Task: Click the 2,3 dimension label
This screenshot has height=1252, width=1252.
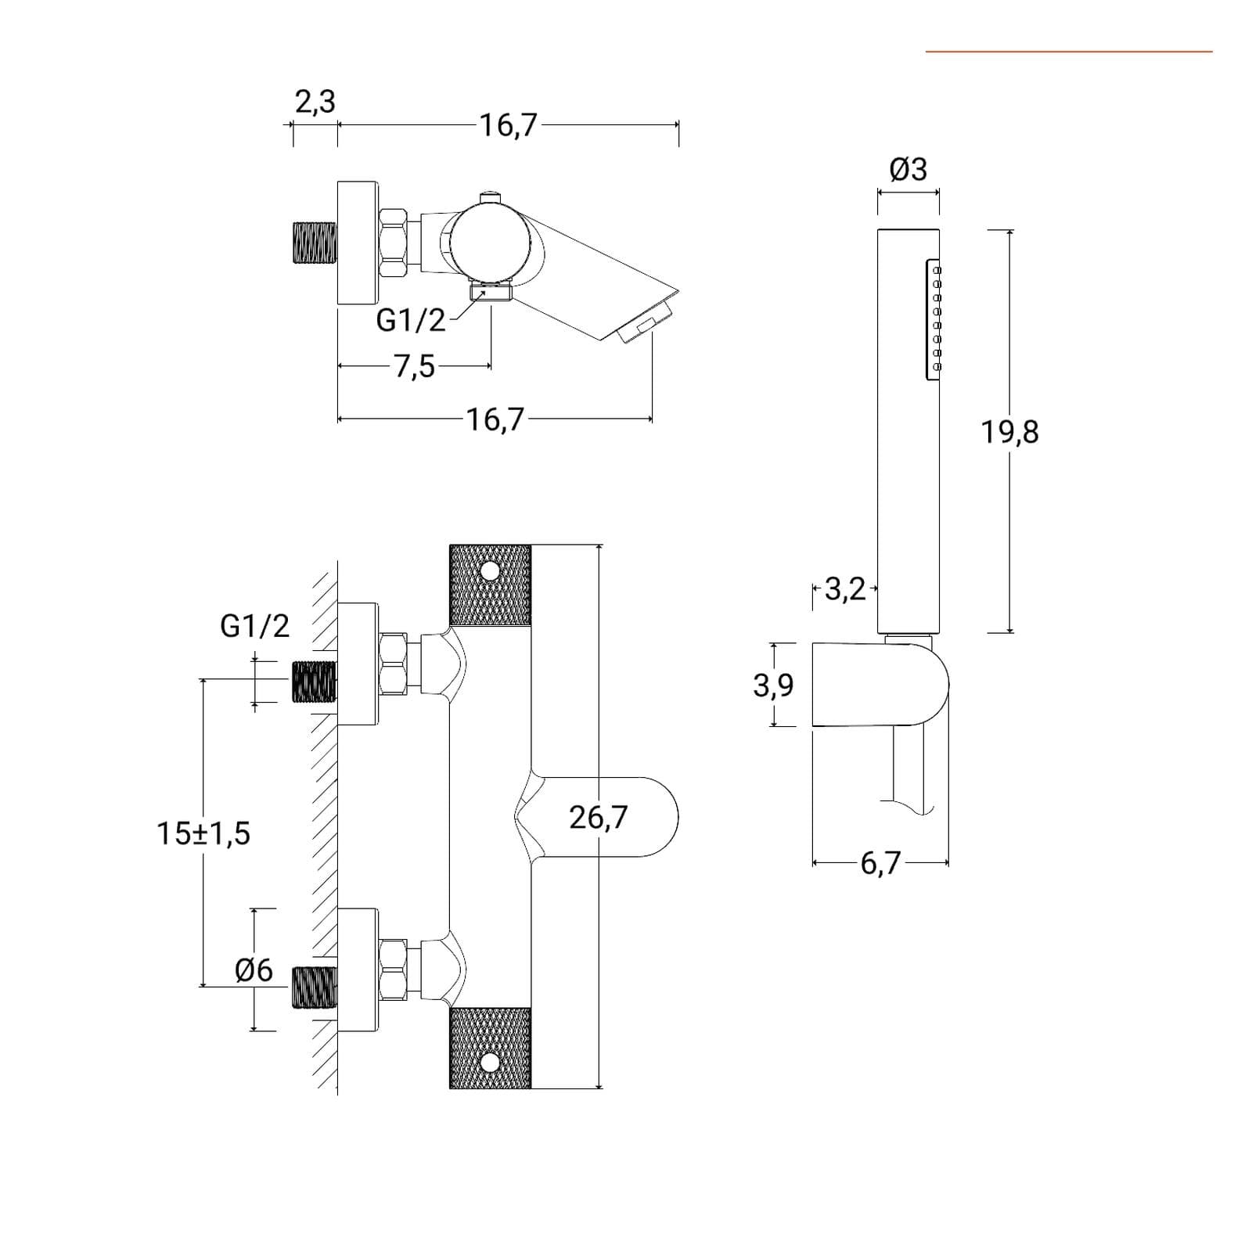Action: [315, 102]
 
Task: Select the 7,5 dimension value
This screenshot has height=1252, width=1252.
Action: [415, 366]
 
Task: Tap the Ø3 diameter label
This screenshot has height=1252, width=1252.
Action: [908, 169]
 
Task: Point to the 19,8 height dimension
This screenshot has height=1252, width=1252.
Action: [1010, 431]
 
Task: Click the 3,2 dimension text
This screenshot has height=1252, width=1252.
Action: [845, 589]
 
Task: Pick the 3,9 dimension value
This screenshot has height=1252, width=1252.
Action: [773, 685]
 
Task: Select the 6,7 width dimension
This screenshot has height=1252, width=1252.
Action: [881, 863]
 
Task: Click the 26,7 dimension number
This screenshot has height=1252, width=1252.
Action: [599, 817]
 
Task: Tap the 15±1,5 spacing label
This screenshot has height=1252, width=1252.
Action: [203, 833]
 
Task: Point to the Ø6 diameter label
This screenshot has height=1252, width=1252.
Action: [254, 970]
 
